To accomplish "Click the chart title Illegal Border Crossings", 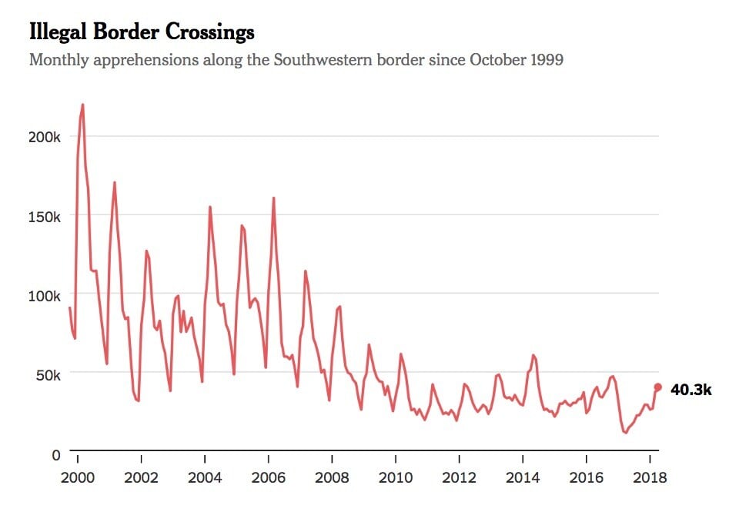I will coord(142,33).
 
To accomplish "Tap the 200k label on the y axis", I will coord(45,137).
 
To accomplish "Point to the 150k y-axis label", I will coord(45,216).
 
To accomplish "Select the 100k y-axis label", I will coord(45,295).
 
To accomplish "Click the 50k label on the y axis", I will coord(48,374).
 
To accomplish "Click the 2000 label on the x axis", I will coord(78,477).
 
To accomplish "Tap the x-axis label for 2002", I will coord(142,477).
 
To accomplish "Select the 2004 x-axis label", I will coord(206,477).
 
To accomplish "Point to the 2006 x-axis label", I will coord(269,477).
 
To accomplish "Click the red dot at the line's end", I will coord(657,387).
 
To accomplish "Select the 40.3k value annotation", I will coord(691,390).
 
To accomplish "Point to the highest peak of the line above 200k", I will coord(82,105).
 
